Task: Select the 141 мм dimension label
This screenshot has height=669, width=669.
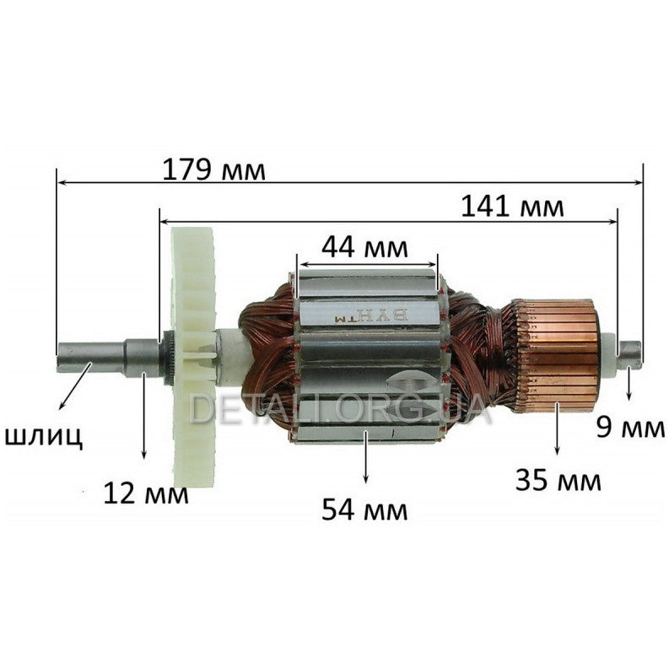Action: coord(512,206)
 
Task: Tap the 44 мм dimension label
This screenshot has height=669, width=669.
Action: coord(364,247)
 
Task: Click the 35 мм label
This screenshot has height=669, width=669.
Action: coord(558,481)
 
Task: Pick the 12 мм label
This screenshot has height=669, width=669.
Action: coord(145,492)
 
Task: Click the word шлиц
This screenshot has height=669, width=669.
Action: coord(45,436)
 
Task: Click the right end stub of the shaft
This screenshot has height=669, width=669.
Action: coord(631,353)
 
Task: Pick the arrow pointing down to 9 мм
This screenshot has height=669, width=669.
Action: coord(629,385)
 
